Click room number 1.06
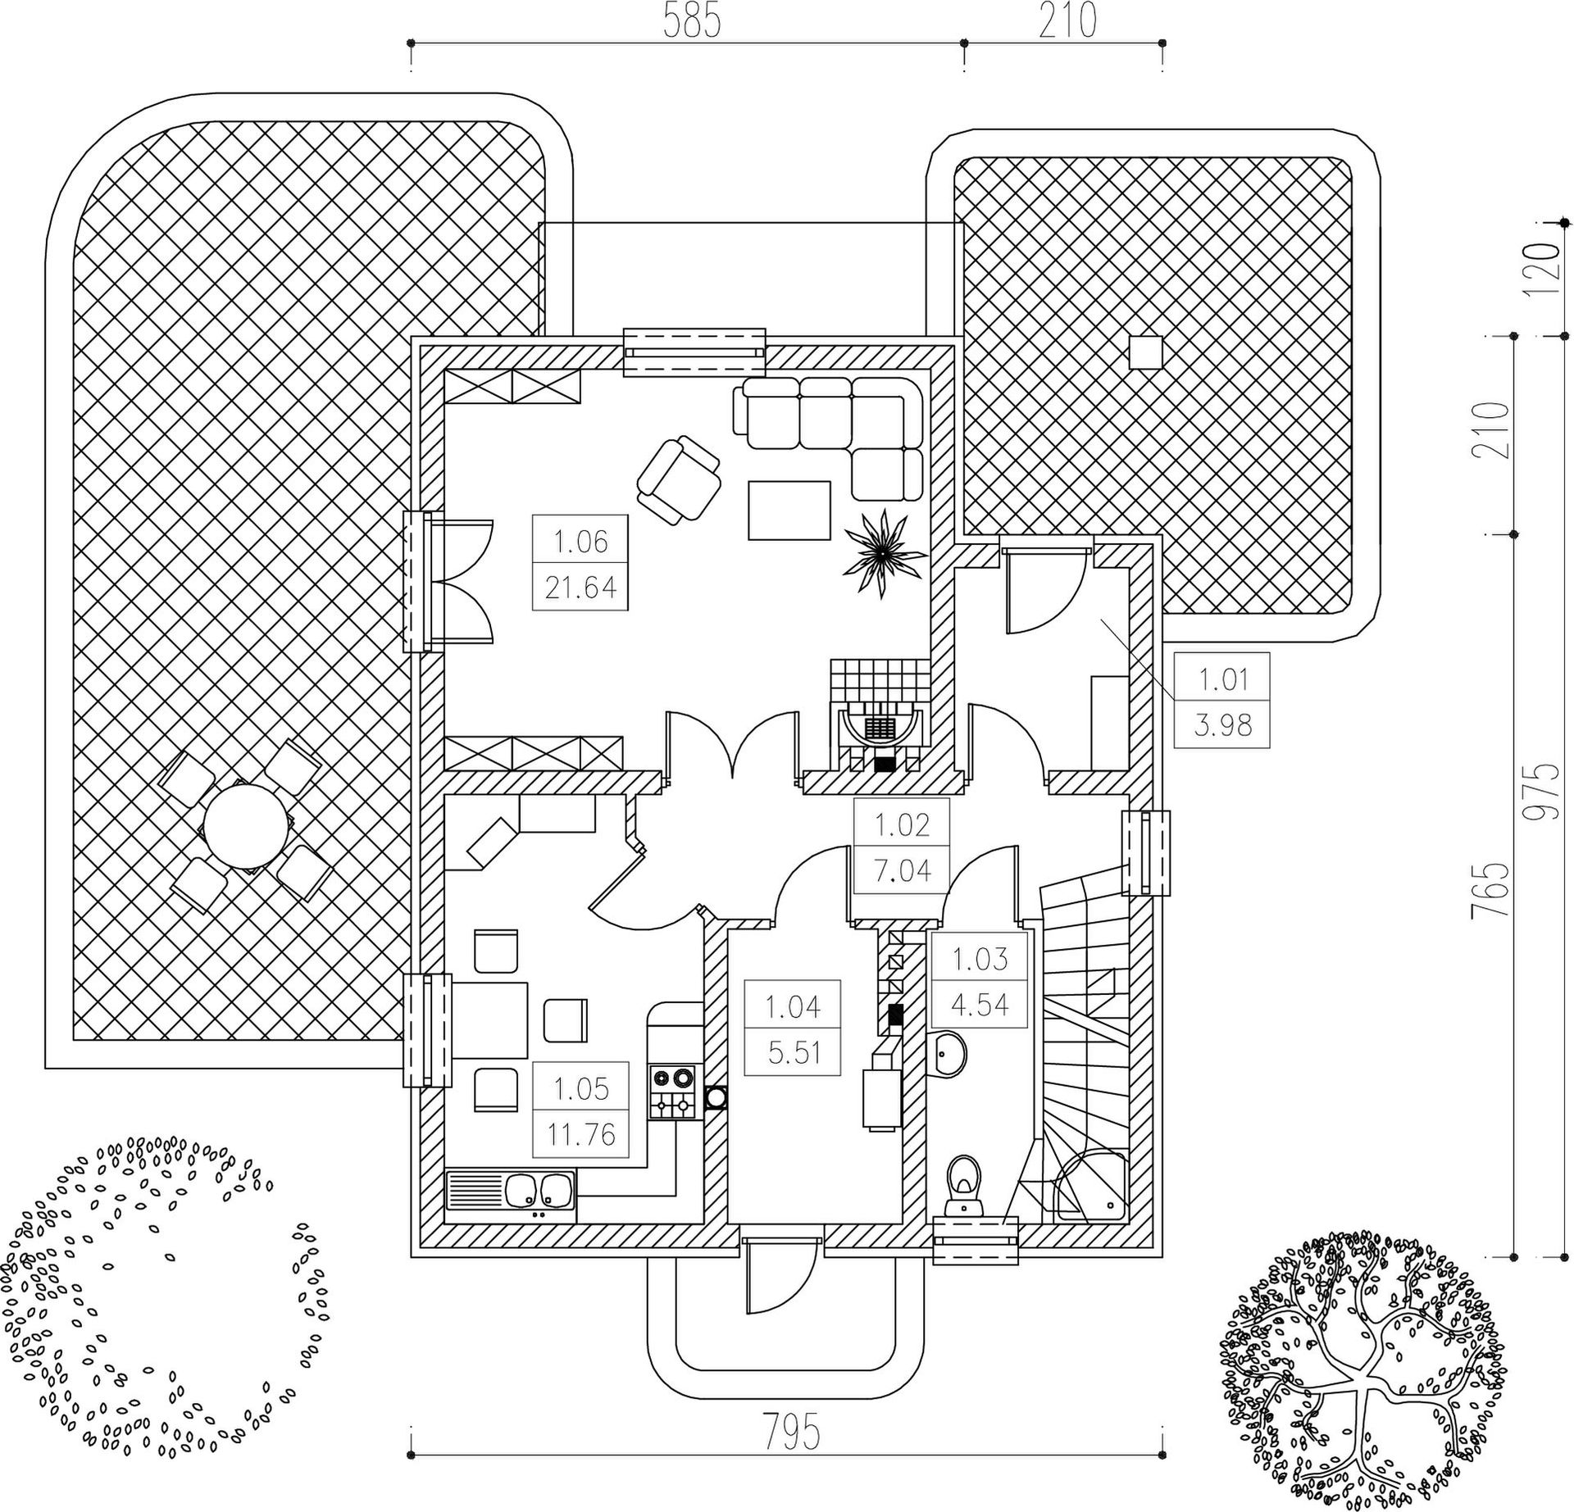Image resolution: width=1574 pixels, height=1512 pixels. point(580,542)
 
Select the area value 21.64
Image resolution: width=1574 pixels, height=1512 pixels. point(580,588)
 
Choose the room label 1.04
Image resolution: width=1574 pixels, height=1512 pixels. point(794,1006)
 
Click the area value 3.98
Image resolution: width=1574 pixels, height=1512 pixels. point(1222,724)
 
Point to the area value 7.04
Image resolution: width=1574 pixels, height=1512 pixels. point(902,870)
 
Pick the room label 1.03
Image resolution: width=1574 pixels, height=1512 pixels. point(980,958)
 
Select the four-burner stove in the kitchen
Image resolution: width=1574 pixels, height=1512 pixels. point(672,1092)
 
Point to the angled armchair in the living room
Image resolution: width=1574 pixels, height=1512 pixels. point(680,481)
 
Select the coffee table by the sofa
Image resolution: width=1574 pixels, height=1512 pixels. point(789,511)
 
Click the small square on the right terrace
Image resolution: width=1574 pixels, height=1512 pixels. point(1145,352)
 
